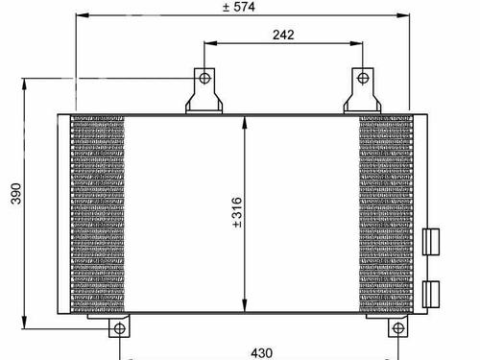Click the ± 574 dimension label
click(239, 7)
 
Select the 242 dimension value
click(283, 35)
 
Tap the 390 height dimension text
click(16, 193)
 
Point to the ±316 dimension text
click(237, 212)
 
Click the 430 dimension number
click(262, 353)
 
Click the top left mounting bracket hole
click(204, 78)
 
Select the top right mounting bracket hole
click(363, 78)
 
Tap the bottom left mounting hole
click(119, 328)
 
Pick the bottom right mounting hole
click(398, 328)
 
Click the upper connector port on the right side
click(431, 242)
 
